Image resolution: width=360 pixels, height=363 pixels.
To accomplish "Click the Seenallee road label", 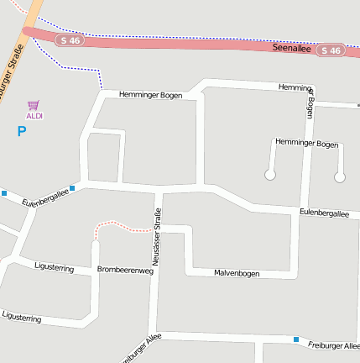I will pos(291,49).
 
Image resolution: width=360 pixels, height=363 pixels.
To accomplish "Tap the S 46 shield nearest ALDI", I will pos(71,39).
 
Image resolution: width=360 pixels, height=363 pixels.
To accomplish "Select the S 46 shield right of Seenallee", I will pos(331,50).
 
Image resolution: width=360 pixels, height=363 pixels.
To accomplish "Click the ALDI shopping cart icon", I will pos(34,105).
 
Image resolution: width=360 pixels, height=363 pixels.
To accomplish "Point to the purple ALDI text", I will pos(34,116).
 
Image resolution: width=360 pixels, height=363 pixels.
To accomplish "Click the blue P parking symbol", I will pos(22,131).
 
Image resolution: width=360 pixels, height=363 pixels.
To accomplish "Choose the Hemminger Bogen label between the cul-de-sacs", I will pos(306,144).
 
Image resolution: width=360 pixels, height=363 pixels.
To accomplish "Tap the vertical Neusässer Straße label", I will pos(156,238).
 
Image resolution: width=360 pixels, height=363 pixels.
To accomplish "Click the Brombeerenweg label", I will pos(125,270).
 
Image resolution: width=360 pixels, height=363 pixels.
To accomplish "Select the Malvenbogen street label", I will pos(237,273).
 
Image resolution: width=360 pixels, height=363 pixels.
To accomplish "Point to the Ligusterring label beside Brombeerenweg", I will pos(55,267).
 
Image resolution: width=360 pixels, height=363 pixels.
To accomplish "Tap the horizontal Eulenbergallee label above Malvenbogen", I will pos(323,214).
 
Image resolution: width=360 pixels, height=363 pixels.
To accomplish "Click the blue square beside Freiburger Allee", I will pos(295,339).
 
